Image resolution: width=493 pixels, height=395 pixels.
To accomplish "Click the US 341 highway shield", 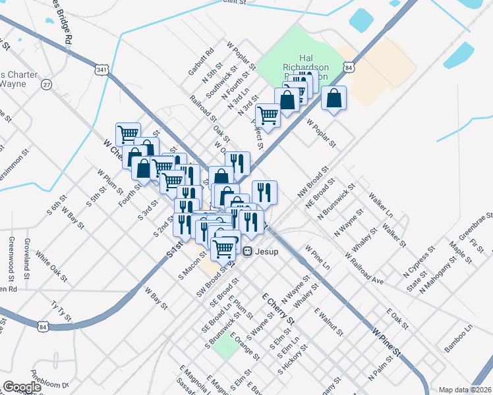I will coord(101,70).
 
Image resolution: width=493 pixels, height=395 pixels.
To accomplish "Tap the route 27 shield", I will coord(46,84).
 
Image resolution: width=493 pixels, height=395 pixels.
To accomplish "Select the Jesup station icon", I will coord(248,250).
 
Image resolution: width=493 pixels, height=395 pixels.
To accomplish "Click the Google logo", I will coord(22,387).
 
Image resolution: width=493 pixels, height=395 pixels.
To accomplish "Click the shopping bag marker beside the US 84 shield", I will coord(335,98).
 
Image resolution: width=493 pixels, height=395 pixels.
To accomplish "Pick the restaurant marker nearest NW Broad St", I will coord(264,192).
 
